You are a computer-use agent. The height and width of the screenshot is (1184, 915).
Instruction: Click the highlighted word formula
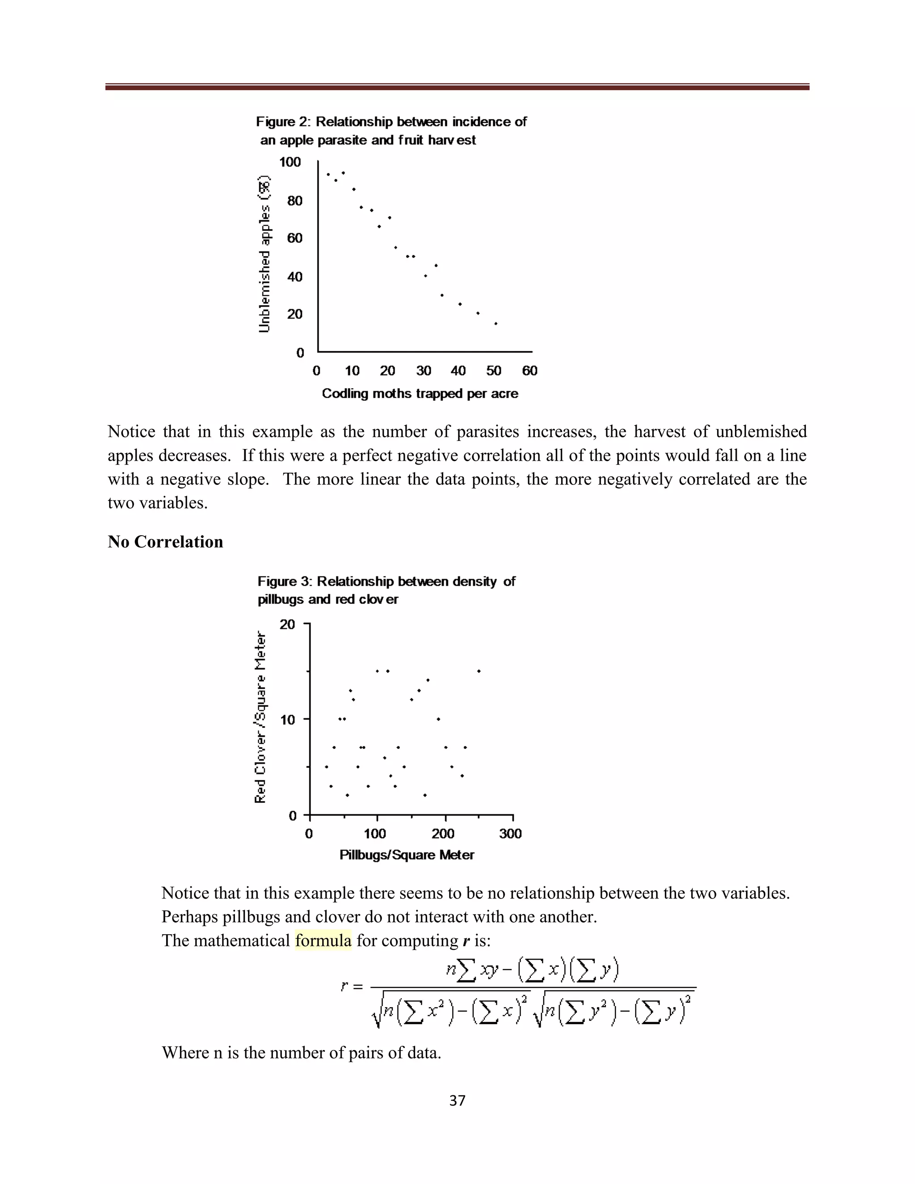[323, 940]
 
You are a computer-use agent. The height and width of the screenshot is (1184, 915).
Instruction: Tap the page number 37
[457, 1100]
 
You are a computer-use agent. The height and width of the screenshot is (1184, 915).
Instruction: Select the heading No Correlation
[165, 542]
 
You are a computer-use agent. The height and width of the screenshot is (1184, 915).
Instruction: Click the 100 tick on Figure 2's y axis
[290, 162]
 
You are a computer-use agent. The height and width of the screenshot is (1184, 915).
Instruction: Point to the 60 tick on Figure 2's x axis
[529, 371]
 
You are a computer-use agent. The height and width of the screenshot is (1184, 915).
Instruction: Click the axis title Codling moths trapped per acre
[420, 394]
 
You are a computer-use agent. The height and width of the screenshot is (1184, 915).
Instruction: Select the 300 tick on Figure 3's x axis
[510, 834]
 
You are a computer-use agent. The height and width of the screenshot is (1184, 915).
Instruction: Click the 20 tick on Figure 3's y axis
[287, 625]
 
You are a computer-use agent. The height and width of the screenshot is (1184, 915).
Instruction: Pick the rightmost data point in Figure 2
[495, 323]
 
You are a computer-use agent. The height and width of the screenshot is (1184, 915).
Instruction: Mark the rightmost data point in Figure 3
[478, 671]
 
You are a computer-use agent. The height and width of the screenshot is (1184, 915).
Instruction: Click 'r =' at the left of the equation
[351, 986]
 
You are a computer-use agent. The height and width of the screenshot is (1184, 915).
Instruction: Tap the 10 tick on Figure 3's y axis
[287, 720]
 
